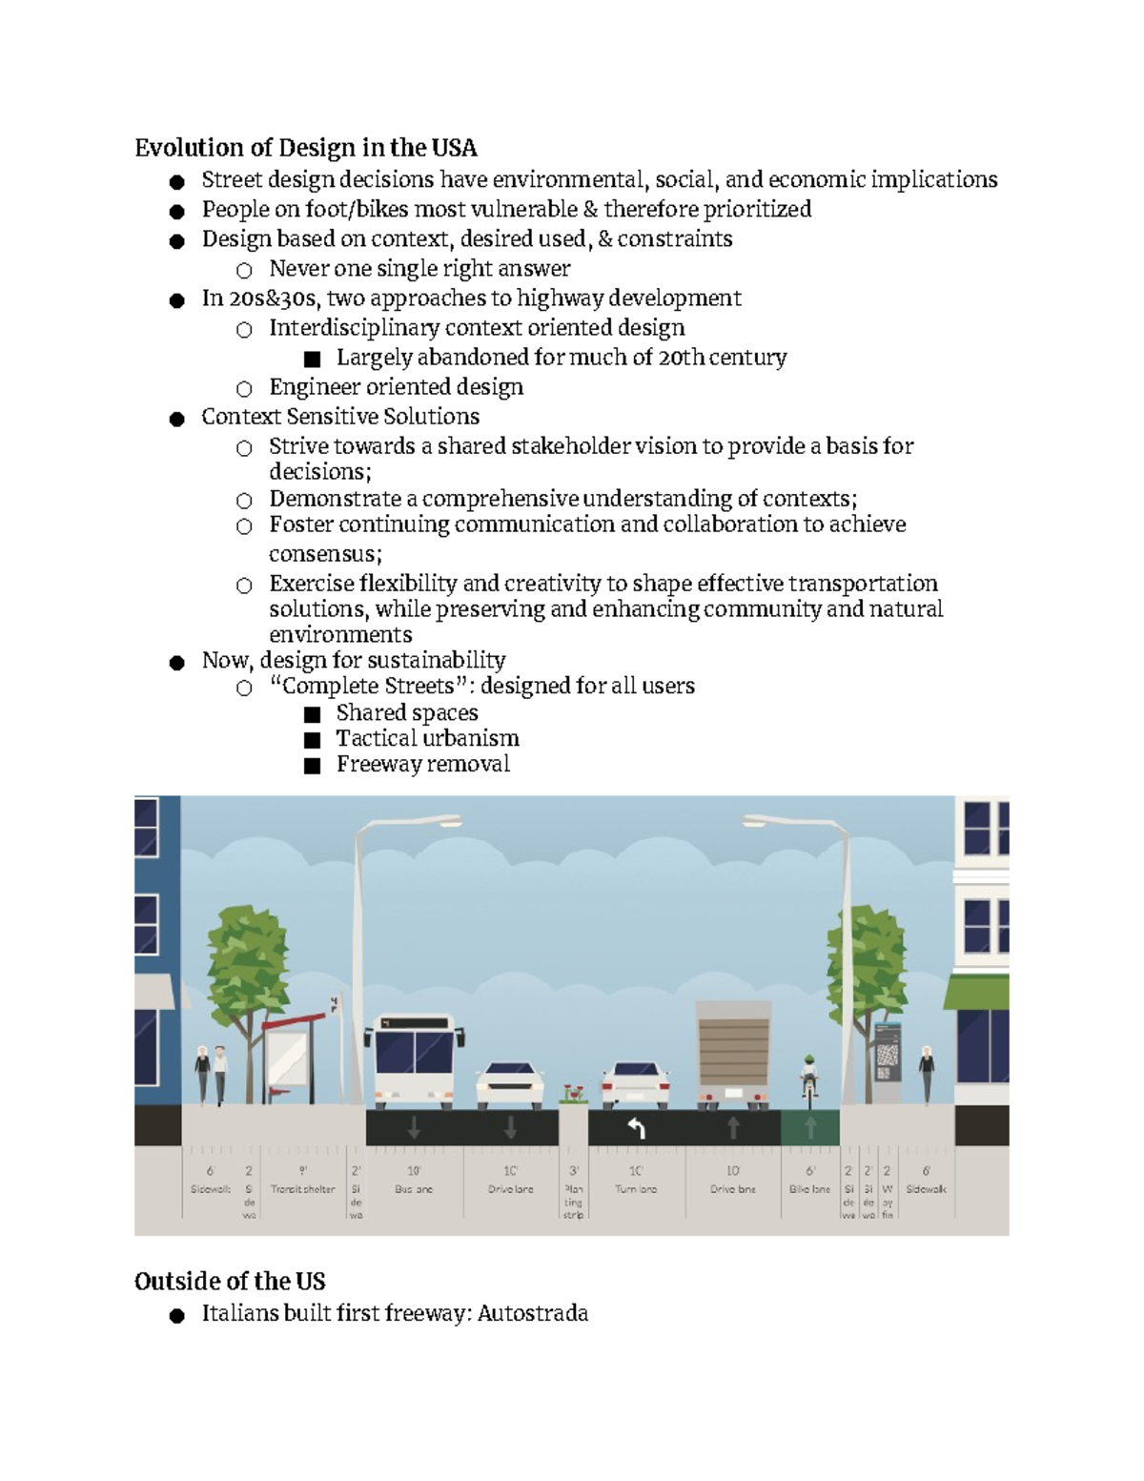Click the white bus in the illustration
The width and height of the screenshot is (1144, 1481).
click(x=414, y=1059)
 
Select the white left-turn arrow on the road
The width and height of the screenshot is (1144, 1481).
click(x=636, y=1129)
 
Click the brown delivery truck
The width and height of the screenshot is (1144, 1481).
click(x=733, y=1054)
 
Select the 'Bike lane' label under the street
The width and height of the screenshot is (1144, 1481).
click(x=809, y=1189)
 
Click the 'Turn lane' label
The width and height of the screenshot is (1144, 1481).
click(x=636, y=1189)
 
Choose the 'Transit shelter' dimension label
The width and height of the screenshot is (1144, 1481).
click(x=302, y=1189)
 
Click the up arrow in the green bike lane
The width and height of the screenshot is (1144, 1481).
click(x=810, y=1128)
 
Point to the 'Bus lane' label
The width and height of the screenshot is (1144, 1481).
click(x=414, y=1189)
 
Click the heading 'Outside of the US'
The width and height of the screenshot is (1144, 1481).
click(x=230, y=1281)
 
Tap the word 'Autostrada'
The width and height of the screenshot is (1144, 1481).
click(x=532, y=1313)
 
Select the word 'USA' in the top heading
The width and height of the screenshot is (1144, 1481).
click(x=454, y=148)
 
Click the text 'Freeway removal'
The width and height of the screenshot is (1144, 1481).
click(x=422, y=764)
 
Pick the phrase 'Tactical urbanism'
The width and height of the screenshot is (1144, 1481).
click(x=427, y=738)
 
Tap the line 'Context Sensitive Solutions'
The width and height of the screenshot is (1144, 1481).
click(x=340, y=417)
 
